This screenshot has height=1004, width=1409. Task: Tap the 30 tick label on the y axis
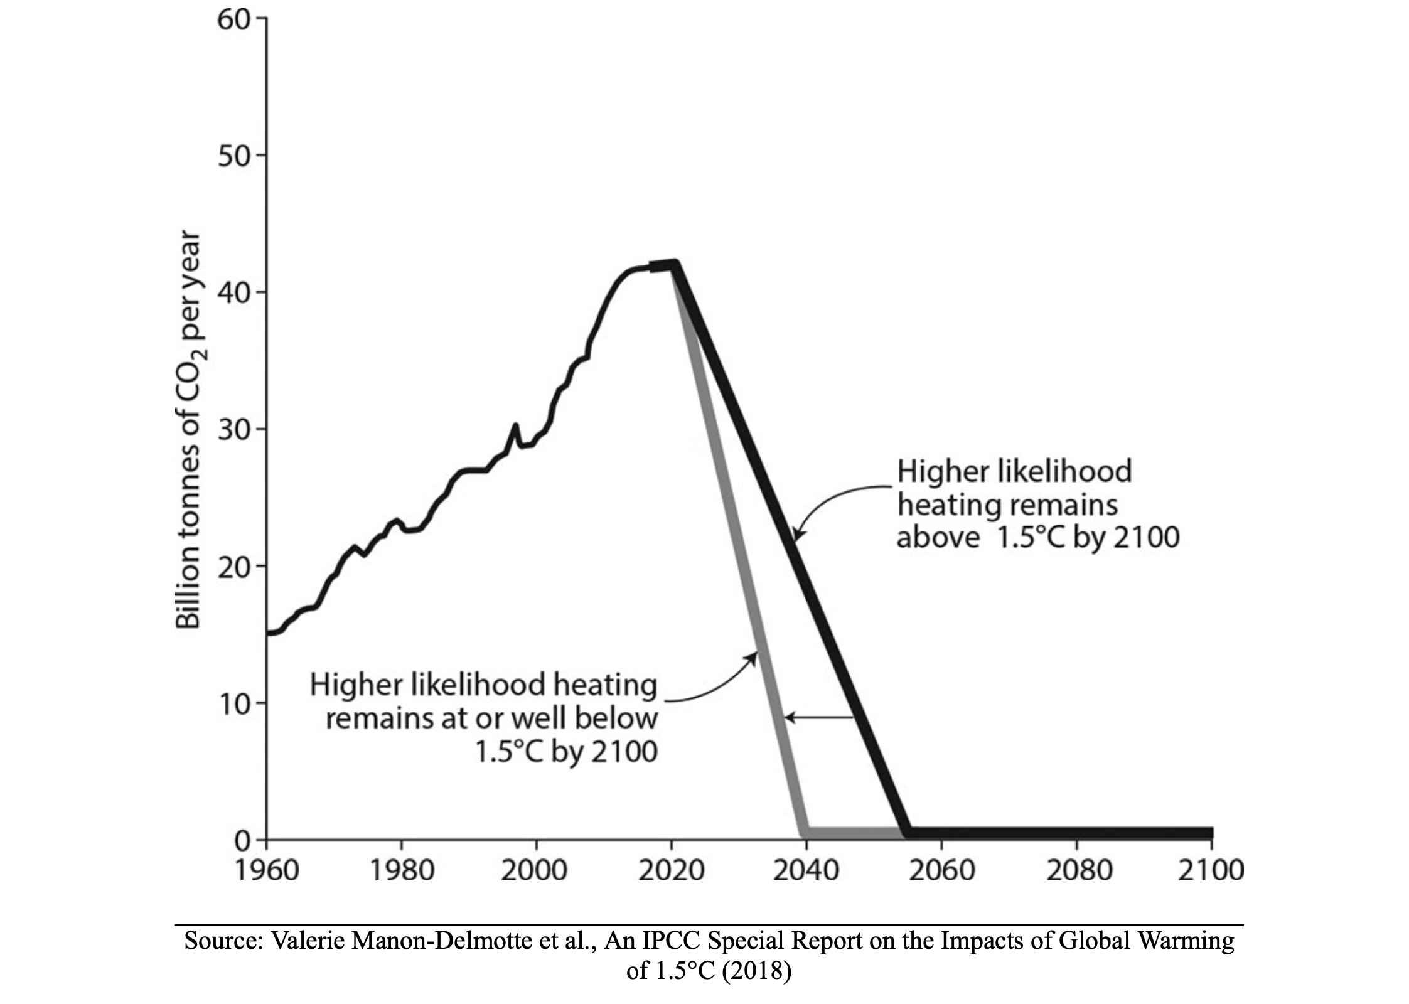coord(233,430)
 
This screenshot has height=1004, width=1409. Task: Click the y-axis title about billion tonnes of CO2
coord(188,430)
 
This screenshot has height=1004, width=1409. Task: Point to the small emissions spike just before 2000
coord(515,426)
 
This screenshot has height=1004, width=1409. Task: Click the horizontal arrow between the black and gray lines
coord(819,717)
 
